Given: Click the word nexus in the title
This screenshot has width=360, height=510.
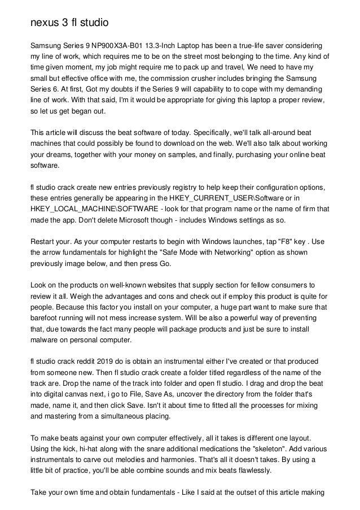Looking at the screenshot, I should click(45, 23).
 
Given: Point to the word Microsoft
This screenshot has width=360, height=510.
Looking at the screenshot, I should click(141, 220).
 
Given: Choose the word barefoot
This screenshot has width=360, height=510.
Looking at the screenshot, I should click(47, 319).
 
